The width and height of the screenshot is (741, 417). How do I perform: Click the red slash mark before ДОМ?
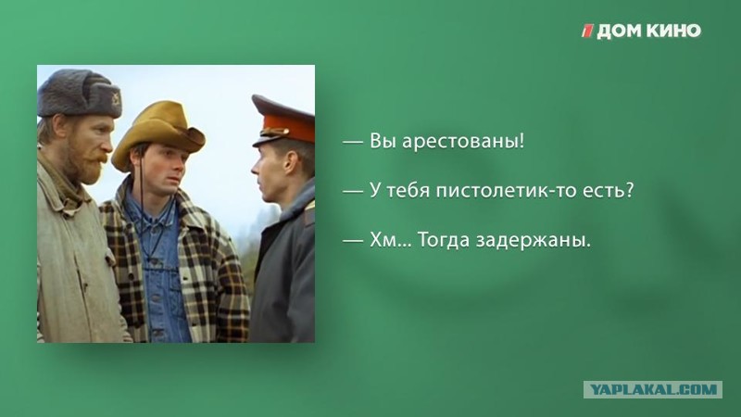pyautogui.click(x=587, y=32)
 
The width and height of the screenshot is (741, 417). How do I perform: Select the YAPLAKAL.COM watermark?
pyautogui.click(x=653, y=389)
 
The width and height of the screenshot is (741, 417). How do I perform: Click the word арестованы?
pyautogui.click(x=463, y=141)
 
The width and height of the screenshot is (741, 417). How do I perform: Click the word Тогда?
pyautogui.click(x=444, y=240)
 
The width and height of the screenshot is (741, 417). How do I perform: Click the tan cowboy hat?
pyautogui.click(x=158, y=133)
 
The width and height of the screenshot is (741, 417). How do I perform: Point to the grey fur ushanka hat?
pyautogui.click(x=79, y=95)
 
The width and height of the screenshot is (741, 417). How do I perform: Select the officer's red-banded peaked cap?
pyautogui.click(x=283, y=120)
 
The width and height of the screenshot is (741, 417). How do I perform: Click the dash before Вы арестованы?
pyautogui.click(x=353, y=142)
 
